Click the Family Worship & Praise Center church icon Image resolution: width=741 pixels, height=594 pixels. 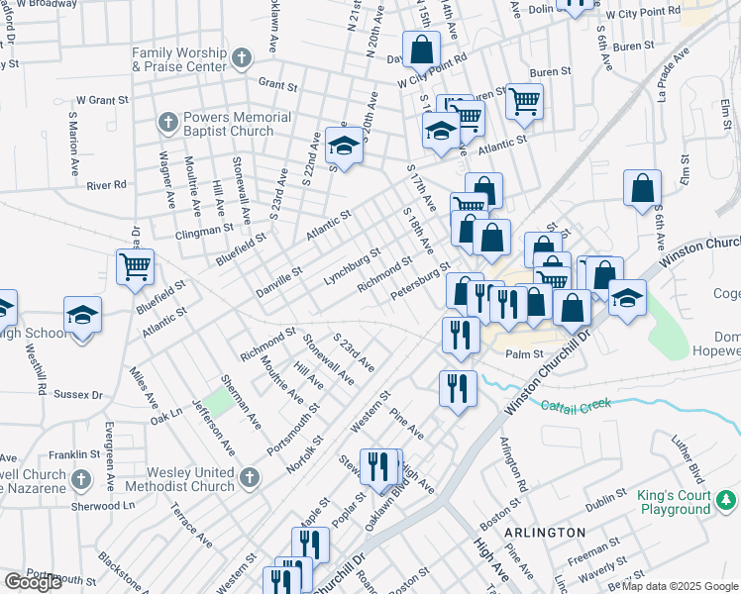coord(241,59)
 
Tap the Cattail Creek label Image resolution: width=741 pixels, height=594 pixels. coord(576,404)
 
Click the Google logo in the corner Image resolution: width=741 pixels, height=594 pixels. coord(33,582)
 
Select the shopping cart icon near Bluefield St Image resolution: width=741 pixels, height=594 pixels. coord(135,265)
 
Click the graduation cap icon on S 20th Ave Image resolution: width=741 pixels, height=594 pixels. coord(344,146)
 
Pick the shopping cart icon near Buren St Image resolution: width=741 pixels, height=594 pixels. coord(525,100)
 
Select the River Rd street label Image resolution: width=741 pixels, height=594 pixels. coord(106,184)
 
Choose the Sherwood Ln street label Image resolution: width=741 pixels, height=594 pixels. coord(103,505)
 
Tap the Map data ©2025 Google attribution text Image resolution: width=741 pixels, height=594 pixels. coord(679,586)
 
